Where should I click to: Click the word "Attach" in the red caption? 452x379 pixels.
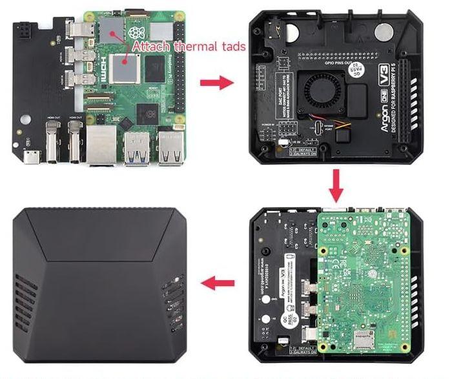[x=146, y=46]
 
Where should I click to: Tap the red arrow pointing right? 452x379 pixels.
[x=216, y=83]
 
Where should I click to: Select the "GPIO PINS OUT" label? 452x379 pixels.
[x=340, y=61]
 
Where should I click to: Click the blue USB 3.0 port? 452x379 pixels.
[x=137, y=145]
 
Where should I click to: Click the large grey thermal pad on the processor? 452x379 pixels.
[x=124, y=68]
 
